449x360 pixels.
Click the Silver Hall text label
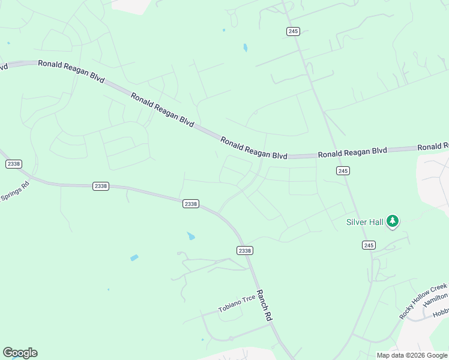click(x=364, y=222)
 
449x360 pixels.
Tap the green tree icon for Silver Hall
click(x=393, y=221)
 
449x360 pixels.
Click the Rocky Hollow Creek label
click(x=423, y=301)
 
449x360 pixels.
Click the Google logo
click(x=20, y=353)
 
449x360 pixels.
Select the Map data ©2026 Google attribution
click(x=412, y=355)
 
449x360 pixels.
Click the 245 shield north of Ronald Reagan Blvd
click(x=293, y=31)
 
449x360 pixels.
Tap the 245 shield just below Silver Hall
click(x=369, y=245)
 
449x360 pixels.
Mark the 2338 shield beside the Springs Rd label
click(x=13, y=164)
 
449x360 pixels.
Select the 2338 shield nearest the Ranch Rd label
click(x=244, y=250)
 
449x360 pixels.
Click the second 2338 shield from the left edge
click(x=101, y=186)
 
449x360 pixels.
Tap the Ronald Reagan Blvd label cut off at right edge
click(x=433, y=146)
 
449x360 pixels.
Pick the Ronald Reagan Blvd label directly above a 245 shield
click(x=352, y=152)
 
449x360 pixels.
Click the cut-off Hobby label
click(x=441, y=312)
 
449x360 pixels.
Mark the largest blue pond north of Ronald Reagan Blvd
click(x=245, y=47)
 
